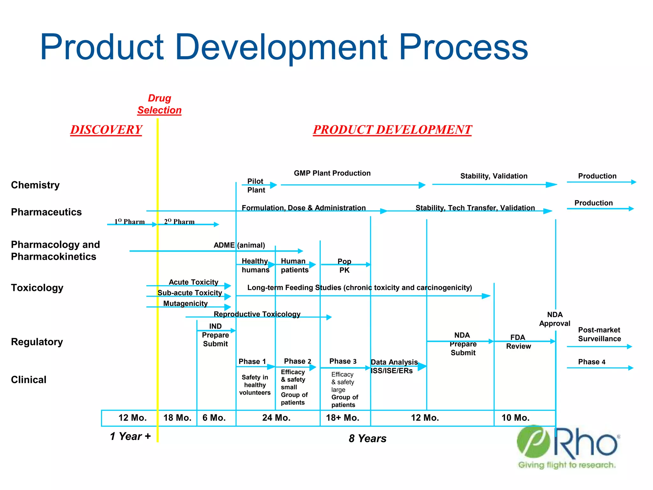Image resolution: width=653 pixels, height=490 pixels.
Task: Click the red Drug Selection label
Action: [159, 104]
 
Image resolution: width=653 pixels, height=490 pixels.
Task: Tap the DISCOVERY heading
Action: [106, 130]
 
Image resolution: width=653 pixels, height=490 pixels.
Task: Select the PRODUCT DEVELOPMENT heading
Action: [392, 130]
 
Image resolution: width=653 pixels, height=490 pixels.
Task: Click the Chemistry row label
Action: [35, 185]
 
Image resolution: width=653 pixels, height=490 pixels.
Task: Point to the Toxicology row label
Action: [37, 288]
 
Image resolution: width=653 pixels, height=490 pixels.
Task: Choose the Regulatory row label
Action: [37, 342]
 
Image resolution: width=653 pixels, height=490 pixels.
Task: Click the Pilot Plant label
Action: [256, 186]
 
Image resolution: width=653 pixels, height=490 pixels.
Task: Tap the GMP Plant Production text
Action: [332, 173]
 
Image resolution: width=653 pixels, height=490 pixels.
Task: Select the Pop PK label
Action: [344, 266]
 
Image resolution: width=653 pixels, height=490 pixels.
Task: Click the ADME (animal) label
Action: [239, 245]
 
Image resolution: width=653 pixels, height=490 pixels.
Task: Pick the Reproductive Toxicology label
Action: [257, 314]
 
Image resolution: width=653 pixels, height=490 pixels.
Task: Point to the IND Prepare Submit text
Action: [216, 335]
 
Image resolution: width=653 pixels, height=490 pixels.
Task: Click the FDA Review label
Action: [518, 342]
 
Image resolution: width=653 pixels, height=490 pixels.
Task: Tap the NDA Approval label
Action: [555, 319]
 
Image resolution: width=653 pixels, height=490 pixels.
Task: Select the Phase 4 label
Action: [592, 362]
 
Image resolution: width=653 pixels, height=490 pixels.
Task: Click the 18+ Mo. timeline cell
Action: [343, 418]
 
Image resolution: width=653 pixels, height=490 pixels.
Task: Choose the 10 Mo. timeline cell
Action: [516, 418]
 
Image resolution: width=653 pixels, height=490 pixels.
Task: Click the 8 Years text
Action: [367, 439]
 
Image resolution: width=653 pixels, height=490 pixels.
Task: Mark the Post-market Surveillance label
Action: [599, 334]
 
